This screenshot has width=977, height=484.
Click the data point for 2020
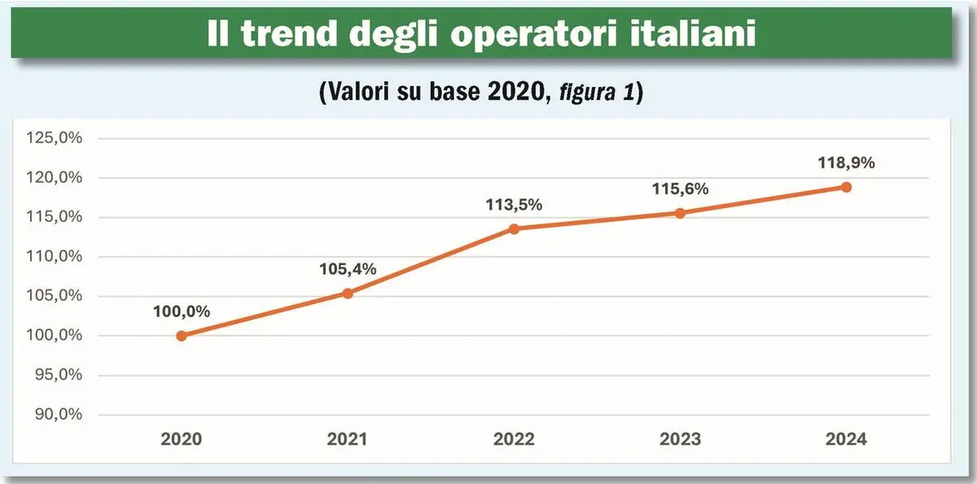point(182,335)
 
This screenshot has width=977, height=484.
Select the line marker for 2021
point(348,293)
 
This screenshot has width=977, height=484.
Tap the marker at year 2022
point(514,229)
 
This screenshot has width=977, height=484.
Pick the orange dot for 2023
point(680,213)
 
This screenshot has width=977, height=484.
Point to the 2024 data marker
point(846,187)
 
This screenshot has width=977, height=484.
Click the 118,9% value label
point(846,164)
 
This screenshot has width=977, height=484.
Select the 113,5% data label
point(514,205)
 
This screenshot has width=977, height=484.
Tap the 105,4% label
point(348,269)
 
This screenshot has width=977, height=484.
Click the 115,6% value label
point(680,189)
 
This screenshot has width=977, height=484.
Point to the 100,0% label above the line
point(182,312)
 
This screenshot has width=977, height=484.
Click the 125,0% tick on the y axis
point(55,138)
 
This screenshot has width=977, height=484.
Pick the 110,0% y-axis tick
point(55,256)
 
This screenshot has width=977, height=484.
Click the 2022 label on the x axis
point(514,439)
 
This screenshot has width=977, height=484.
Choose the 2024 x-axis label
point(846,439)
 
